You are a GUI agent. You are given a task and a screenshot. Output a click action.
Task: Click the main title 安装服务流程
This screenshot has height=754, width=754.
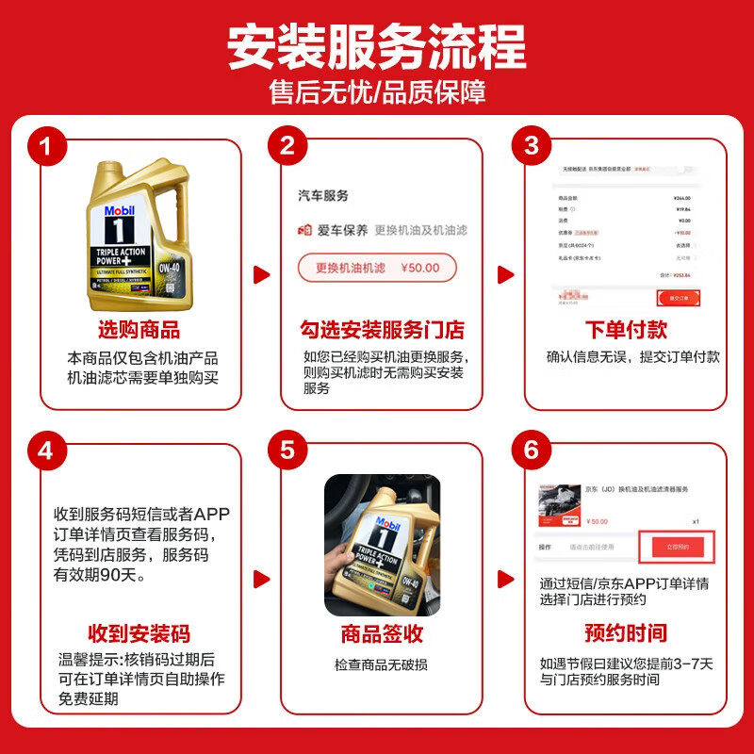pos(377,44)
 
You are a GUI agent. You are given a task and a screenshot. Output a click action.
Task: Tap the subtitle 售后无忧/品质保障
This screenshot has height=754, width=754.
pos(377,93)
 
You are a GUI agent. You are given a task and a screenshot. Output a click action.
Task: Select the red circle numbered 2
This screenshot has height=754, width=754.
pos(288,147)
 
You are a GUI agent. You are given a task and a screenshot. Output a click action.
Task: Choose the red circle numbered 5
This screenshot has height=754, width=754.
pos(288,451)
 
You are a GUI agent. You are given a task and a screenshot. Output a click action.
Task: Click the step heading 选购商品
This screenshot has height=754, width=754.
pos(139,330)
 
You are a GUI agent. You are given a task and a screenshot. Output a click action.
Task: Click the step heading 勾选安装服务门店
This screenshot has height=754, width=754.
pos(382,330)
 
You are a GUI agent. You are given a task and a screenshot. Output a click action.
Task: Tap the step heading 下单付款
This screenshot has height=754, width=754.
pos(625,330)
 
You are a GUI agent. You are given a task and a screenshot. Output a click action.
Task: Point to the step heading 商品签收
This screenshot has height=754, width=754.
pos(382,633)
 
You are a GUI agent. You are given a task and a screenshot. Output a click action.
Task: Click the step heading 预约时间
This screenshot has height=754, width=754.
pos(625,632)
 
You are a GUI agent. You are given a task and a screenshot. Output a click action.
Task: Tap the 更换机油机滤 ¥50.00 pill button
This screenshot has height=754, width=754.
pos(377,268)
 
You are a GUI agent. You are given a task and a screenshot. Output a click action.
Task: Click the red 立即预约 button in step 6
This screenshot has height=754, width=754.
pos(679,547)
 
